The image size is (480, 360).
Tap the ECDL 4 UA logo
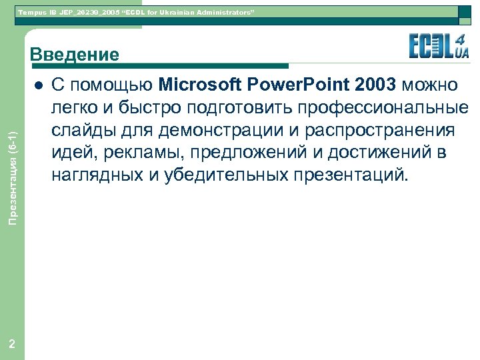point(439,45)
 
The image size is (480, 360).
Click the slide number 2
point(12,344)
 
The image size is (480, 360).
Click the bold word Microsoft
point(200,85)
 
